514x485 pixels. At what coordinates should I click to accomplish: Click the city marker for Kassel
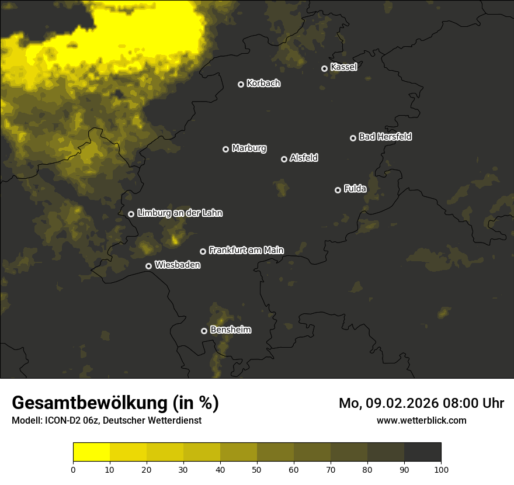point(324,68)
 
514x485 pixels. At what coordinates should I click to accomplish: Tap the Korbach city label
point(263,83)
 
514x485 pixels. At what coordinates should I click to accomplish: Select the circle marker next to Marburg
point(225,149)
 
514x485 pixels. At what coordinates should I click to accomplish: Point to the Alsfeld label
point(304,158)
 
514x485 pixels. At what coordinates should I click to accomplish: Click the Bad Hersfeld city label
point(385,137)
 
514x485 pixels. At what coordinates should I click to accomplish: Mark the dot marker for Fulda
point(338,190)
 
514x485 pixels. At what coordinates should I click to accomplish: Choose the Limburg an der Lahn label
point(179,213)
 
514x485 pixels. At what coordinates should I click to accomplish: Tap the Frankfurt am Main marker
point(203,251)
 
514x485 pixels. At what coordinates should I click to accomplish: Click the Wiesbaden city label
point(178,265)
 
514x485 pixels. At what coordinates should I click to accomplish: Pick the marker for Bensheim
point(204,331)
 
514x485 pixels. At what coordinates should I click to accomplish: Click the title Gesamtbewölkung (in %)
point(115,403)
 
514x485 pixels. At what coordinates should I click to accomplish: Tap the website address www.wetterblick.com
point(421,420)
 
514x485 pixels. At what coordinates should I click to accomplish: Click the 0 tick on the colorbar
point(73,469)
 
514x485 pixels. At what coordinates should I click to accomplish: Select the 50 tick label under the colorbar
point(257,469)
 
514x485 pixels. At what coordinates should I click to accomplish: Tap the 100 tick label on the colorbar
point(441,469)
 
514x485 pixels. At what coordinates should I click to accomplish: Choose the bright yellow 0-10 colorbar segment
point(91,452)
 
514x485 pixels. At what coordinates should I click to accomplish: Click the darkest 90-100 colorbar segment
point(422,452)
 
